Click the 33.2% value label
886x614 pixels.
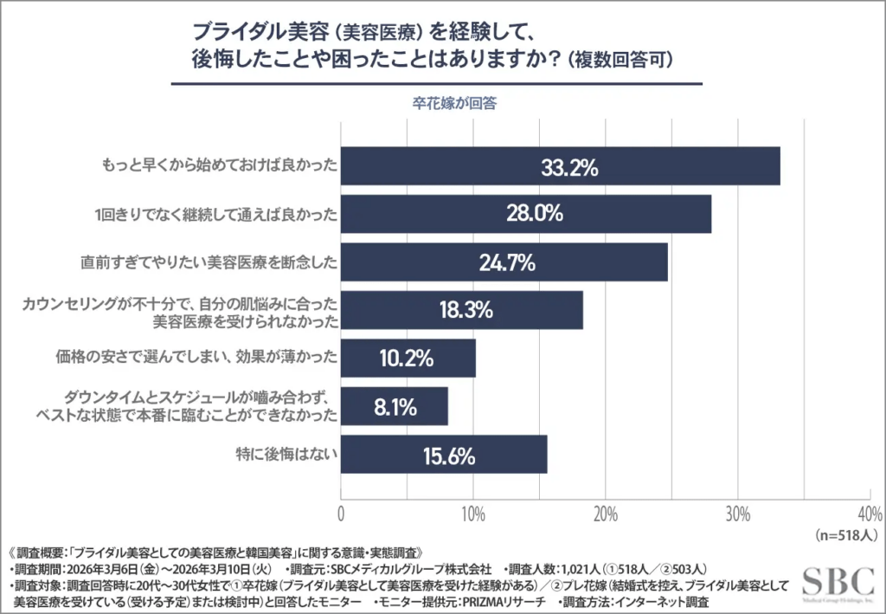tap(569, 167)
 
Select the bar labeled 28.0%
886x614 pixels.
tap(526, 214)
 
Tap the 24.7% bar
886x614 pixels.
tap(504, 262)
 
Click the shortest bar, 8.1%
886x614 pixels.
tap(395, 405)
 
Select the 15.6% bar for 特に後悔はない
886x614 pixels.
tap(444, 454)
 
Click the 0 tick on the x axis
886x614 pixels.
tap(341, 514)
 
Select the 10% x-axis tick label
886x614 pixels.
tap(473, 514)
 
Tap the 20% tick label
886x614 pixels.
tap(606, 514)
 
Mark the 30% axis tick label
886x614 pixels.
tap(737, 514)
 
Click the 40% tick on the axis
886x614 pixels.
tap(868, 514)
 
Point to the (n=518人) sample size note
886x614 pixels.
tap(848, 535)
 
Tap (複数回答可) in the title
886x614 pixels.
tap(620, 61)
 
